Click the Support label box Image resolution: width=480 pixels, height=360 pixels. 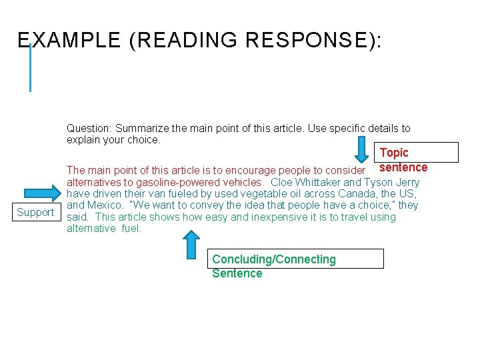coord(36,213)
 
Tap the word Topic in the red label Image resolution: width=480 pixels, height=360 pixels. coord(394,153)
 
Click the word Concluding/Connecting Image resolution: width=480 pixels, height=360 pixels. coord(274,259)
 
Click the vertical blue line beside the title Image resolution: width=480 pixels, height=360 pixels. coord(30,67)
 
